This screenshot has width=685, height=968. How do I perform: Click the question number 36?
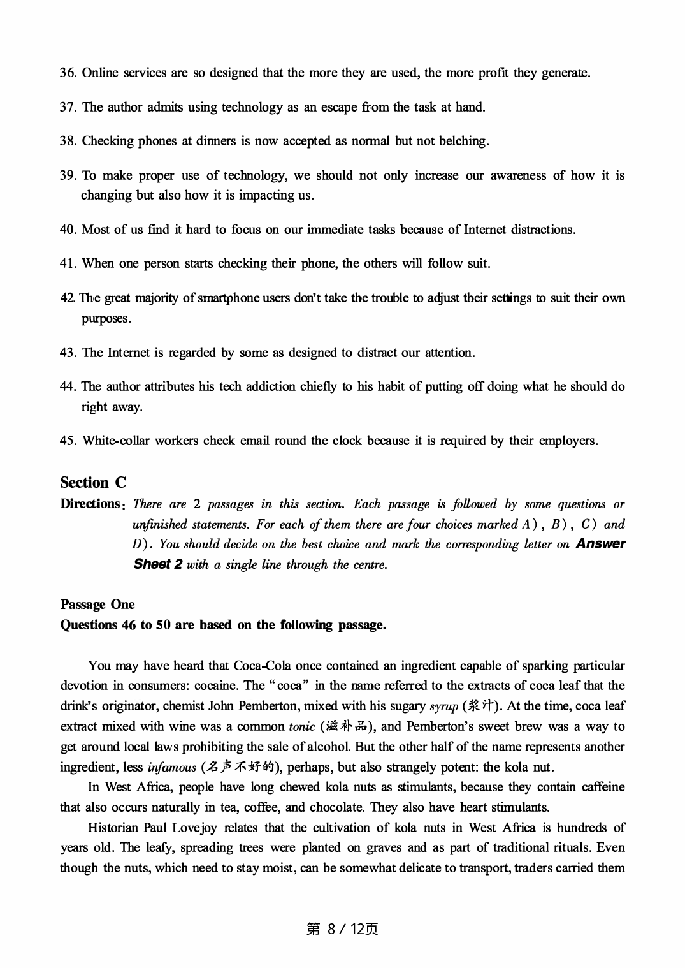click(x=68, y=73)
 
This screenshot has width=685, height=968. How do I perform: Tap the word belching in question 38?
click(x=463, y=141)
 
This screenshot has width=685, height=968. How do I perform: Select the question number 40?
click(x=68, y=230)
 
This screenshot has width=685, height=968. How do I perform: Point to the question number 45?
click(x=68, y=441)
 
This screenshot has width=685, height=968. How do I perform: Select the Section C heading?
click(x=93, y=482)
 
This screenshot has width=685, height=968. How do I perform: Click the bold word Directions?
click(x=90, y=504)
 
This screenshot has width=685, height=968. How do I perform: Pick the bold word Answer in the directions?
click(x=600, y=544)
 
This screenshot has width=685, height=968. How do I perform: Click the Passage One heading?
click(x=97, y=604)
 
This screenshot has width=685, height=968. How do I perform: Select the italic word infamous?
click(x=171, y=767)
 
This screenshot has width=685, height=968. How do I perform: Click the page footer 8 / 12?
click(x=342, y=929)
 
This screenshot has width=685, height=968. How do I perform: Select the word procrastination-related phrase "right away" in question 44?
click(x=112, y=407)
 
